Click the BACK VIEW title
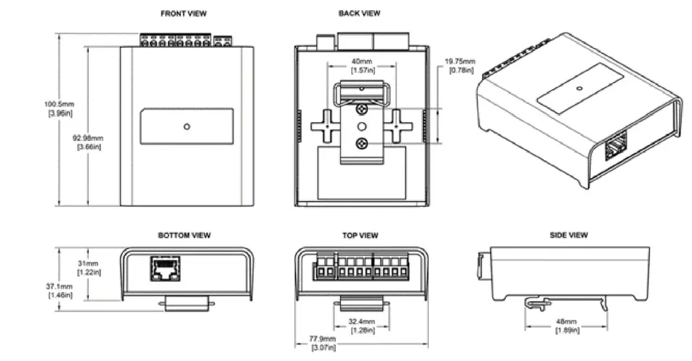pos(358,13)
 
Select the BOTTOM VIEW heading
pos(185,235)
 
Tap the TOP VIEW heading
pos(360,235)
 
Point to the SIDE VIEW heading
pos(569,235)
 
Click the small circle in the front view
pos(187,126)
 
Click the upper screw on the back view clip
pos(361,110)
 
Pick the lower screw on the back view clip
pos(361,144)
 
